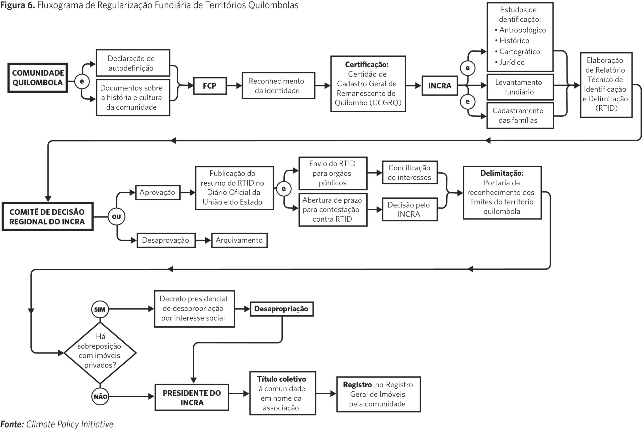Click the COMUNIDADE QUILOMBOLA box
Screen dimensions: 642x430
[x=38, y=78]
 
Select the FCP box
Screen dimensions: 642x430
[x=210, y=86]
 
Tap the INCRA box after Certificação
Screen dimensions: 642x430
[x=440, y=86]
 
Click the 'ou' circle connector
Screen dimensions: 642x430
[x=117, y=217]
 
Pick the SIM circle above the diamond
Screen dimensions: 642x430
[x=100, y=309]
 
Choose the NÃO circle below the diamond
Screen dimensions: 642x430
[x=100, y=397]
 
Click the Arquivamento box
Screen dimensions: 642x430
[x=239, y=240]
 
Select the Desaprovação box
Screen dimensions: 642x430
[x=166, y=240]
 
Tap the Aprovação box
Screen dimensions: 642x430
[x=158, y=192]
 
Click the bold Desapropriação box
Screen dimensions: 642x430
[x=282, y=309]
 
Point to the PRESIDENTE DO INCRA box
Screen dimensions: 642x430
[x=192, y=397]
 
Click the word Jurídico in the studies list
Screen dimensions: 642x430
[x=512, y=62]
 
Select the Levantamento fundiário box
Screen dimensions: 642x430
[x=520, y=87]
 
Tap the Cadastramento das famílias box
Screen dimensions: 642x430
[x=520, y=115]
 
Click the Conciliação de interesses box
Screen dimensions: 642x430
[x=410, y=173]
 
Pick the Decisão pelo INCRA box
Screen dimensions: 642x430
[x=410, y=209]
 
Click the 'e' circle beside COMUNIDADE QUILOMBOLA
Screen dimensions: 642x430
[x=82, y=82]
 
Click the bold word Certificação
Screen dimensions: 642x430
[x=367, y=65]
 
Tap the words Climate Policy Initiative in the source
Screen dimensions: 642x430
[x=70, y=424]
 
